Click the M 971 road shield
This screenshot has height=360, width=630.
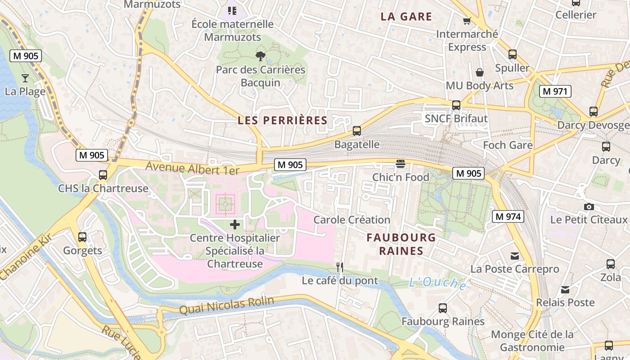[555, 91]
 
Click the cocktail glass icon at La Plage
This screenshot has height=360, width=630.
[25, 78]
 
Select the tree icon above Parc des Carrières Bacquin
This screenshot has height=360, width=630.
[260, 56]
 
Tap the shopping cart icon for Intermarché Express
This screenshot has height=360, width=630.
[467, 21]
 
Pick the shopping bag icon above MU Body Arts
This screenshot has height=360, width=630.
[480, 72]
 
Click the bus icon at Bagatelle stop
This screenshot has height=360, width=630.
[357, 131]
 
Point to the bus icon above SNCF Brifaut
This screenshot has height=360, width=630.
[456, 105]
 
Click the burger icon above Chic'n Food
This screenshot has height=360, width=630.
[400, 164]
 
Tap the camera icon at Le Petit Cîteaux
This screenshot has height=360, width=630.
[589, 207]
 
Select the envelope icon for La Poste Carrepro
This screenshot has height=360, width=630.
[515, 256]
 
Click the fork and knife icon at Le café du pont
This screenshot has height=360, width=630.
[340, 267]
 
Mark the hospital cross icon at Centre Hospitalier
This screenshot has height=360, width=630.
[235, 225]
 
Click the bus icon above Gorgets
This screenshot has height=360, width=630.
[82, 237]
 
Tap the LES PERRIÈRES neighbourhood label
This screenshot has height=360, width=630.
[283, 121]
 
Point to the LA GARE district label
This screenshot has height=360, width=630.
[406, 17]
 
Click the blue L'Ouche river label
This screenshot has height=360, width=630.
[437, 283]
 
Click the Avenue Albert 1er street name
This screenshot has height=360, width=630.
[192, 168]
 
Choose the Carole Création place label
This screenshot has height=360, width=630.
[351, 220]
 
